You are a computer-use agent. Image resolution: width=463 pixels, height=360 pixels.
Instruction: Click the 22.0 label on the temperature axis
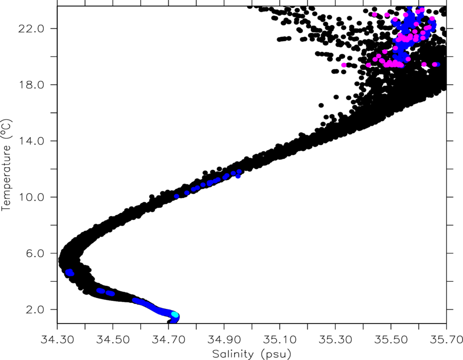pos(31,29)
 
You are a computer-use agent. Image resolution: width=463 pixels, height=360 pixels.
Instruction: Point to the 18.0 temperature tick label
pos(31,85)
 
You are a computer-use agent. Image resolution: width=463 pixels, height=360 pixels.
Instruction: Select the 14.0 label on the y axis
pos(31,141)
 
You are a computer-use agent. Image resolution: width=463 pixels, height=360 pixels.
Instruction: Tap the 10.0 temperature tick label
pos(31,197)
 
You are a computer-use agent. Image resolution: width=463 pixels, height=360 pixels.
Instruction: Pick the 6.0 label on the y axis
pos(35,254)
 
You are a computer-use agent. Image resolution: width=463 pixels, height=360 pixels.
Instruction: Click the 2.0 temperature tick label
pos(35,310)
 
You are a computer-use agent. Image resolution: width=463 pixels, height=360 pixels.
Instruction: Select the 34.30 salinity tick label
pos(57,339)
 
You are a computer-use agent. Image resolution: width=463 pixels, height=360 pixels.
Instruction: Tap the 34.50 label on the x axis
pos(113,339)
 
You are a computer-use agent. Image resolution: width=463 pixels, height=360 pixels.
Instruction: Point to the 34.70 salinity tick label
pos(168,339)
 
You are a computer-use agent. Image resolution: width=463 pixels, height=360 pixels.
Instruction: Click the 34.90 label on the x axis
pos(224,339)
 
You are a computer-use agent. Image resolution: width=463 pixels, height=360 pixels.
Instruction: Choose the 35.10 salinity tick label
pos(280,339)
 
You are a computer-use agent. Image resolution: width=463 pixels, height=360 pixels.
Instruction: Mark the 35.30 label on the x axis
pos(335,339)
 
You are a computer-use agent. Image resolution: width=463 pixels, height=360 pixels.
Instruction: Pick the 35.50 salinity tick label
pos(391,339)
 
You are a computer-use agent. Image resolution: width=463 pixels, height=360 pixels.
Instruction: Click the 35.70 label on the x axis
pos(446,339)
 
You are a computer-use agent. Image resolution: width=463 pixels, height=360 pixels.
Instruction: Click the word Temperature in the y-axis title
pos(6,177)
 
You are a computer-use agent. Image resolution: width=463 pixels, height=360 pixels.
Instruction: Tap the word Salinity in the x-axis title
pos(233,353)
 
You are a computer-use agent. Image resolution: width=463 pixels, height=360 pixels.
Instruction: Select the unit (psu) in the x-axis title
pos(276,354)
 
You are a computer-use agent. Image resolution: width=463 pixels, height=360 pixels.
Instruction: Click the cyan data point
pos(175,315)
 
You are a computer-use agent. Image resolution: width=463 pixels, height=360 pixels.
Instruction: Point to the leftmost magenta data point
pos(344,65)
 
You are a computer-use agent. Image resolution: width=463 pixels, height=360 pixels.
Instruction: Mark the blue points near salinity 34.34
pos(69,273)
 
